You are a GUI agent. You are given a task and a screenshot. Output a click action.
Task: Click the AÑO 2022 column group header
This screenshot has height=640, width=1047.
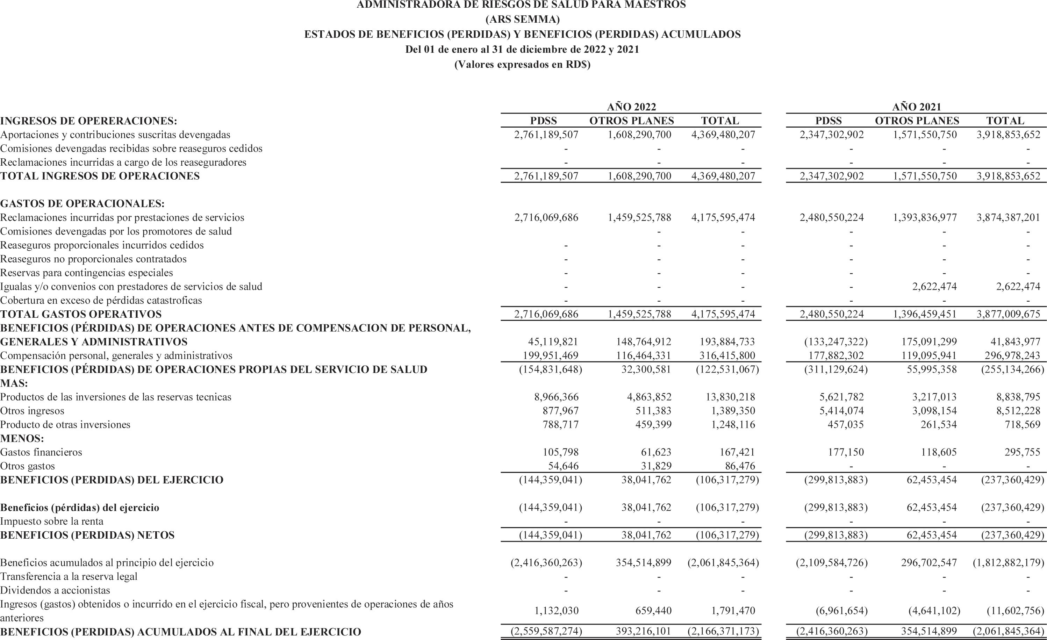(631, 107)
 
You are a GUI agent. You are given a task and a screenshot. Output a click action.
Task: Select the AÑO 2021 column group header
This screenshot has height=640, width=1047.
(917, 107)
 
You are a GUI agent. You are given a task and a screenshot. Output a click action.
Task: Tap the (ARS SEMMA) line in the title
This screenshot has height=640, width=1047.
(523, 19)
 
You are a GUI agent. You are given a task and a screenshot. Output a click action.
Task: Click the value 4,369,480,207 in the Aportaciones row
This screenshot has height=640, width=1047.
(723, 135)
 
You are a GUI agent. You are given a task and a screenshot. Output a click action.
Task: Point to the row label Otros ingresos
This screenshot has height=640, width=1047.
(32, 410)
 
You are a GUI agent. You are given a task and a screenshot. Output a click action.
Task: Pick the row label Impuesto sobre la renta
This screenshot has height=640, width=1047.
(52, 521)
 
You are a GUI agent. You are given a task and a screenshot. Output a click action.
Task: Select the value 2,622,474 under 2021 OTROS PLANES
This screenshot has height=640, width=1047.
(934, 286)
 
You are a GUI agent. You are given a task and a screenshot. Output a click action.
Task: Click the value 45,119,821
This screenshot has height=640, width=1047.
(553, 342)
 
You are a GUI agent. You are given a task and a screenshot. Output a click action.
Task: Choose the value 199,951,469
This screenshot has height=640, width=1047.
(550, 355)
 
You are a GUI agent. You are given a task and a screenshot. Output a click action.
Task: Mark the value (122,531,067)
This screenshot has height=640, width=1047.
(727, 369)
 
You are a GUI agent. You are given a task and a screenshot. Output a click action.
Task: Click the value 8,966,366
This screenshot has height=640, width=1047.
(556, 397)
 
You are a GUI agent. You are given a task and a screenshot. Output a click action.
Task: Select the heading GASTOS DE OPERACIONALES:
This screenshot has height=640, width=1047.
(83, 203)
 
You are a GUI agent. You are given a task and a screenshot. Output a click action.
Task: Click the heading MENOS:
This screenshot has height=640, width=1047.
(22, 438)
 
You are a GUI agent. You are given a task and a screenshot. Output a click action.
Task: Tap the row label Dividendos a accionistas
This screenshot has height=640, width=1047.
(55, 590)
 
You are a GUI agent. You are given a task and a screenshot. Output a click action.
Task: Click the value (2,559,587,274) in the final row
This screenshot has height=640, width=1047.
(546, 632)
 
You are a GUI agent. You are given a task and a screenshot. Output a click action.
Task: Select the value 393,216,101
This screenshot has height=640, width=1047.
(643, 632)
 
